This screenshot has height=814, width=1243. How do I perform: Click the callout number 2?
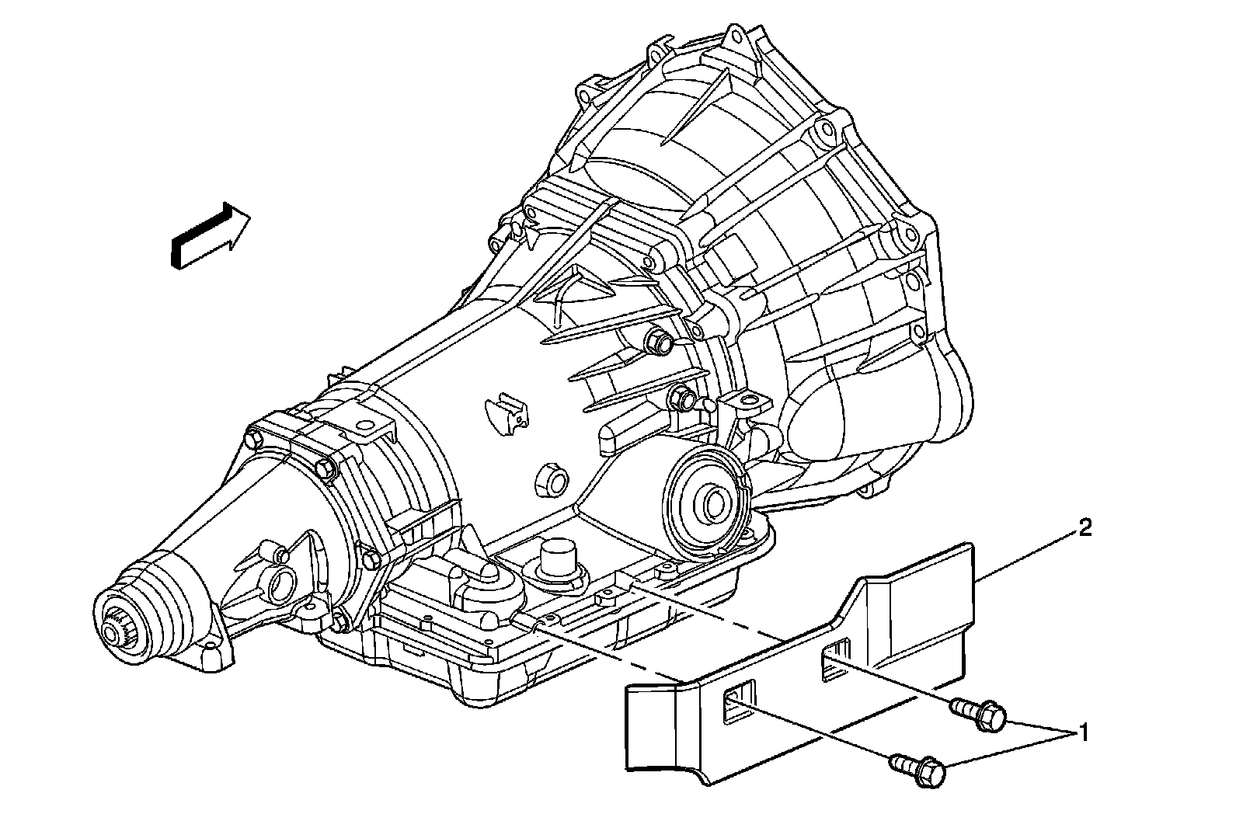point(1085,529)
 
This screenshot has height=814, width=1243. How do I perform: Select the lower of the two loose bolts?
point(921,770)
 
